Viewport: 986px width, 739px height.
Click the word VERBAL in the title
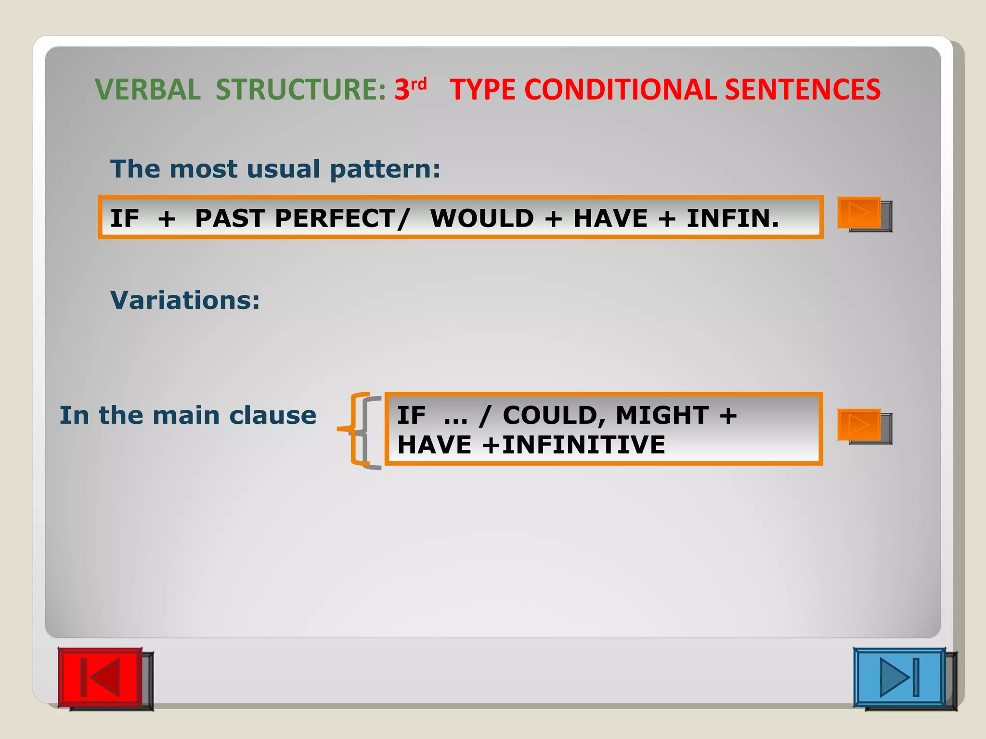click(148, 90)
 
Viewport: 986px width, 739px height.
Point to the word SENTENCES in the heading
click(802, 90)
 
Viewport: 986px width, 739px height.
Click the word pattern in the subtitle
click(385, 169)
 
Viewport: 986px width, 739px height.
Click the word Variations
click(185, 300)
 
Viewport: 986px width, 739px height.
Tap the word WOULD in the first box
click(482, 218)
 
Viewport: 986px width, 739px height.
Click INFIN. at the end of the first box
click(732, 218)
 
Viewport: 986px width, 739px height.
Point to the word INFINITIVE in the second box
click(584, 445)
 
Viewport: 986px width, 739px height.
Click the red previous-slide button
click(100, 677)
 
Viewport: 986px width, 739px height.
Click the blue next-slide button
click(899, 677)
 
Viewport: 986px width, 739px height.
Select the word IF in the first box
click(124, 218)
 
